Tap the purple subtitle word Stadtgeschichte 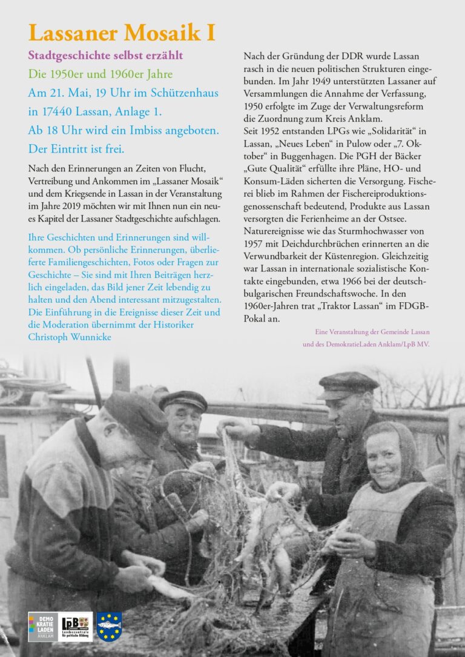tap(67, 56)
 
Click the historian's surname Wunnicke tap(96, 338)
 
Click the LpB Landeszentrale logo tap(76, 626)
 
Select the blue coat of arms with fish tap(109, 626)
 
